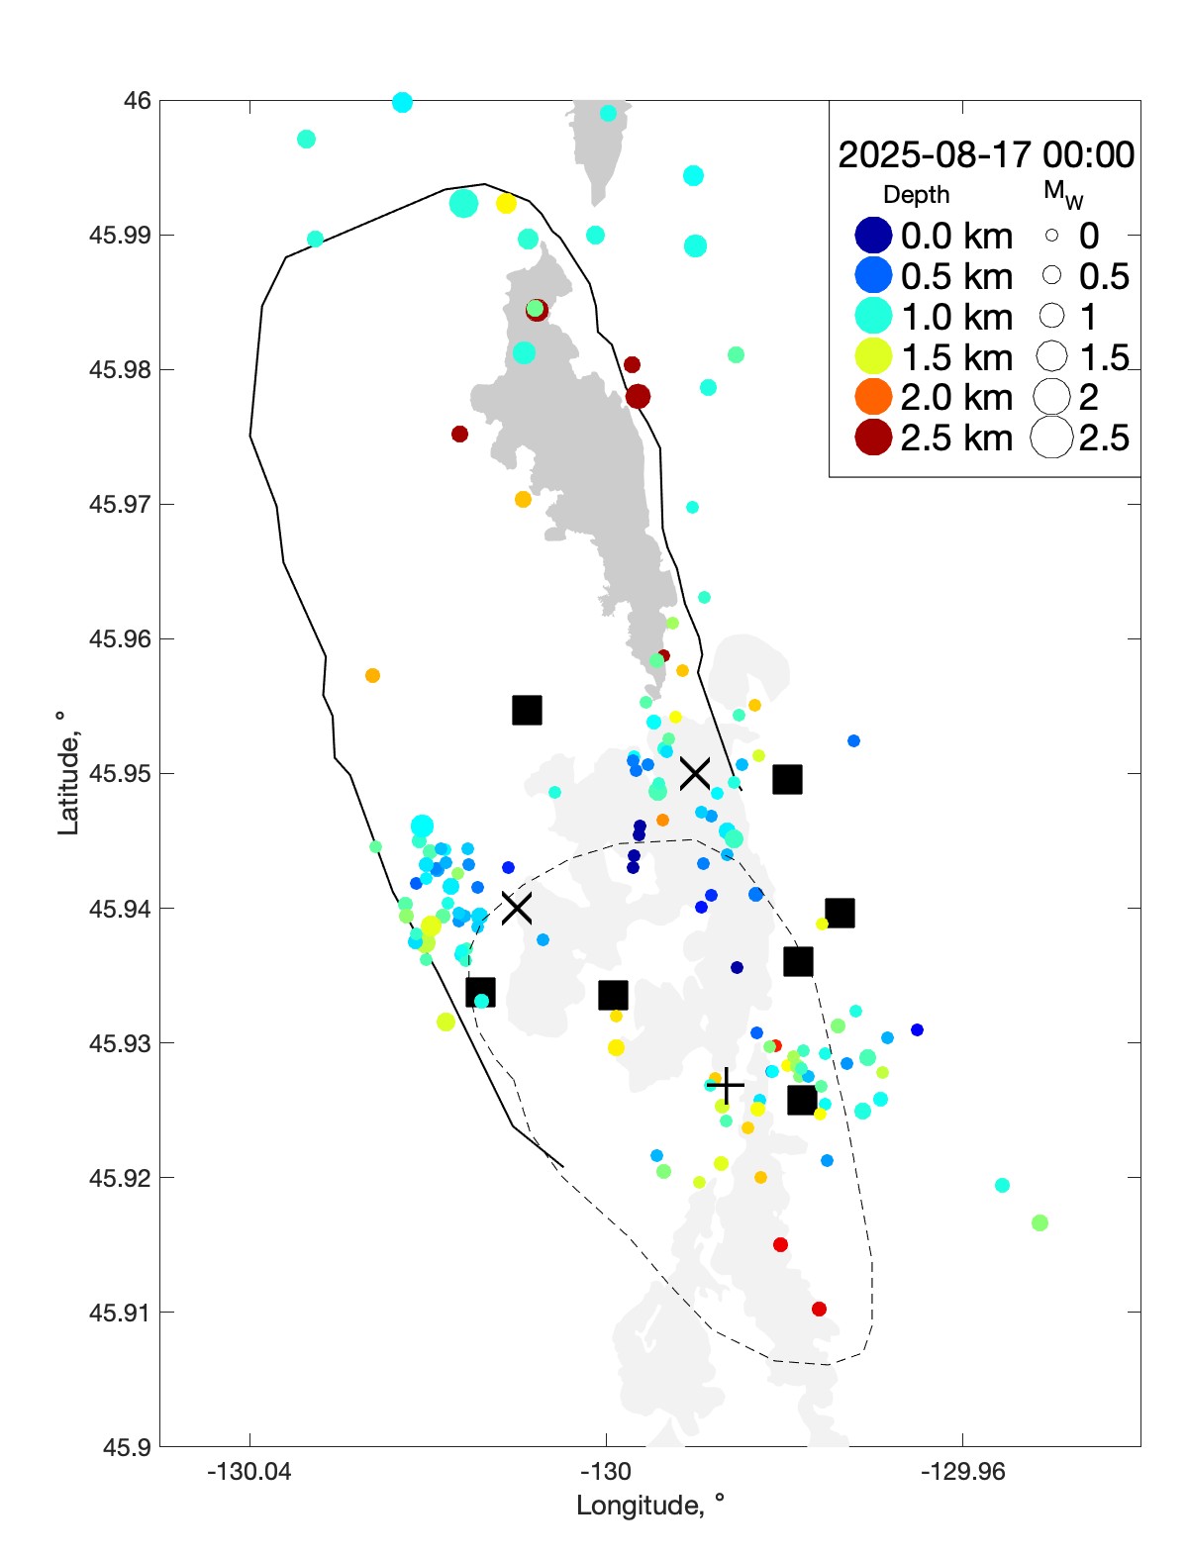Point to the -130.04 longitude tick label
249,1472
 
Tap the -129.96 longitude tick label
962,1472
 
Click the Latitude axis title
67,773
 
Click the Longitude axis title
650,1506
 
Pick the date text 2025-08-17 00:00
986,155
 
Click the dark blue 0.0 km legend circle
873,236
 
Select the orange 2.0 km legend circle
873,397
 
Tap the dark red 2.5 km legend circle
873,438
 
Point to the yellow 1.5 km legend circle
873,356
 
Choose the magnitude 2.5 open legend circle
1051,438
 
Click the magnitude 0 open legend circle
1051,236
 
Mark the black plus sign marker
726,1086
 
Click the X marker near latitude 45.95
695,773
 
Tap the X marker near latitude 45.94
516,907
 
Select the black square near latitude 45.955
527,710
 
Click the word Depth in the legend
916,195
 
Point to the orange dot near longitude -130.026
372,676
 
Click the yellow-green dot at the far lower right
1039,1222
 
